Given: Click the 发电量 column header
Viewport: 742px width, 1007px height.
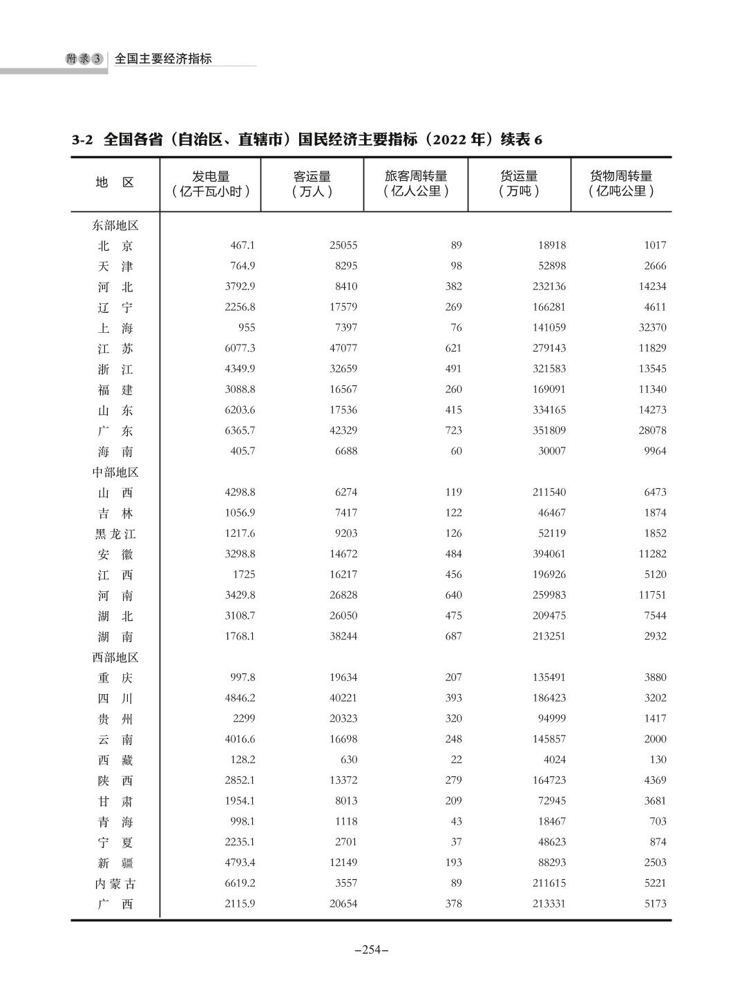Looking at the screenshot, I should (211, 184).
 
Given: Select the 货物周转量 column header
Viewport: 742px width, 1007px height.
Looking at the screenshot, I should (620, 184).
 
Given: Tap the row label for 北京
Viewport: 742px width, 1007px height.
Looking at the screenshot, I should (115, 246).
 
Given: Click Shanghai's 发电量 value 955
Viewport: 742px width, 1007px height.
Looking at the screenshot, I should (245, 327).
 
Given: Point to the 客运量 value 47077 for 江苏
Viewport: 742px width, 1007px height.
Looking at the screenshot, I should (343, 348).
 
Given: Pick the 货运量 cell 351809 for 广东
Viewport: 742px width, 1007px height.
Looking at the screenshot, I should (545, 430).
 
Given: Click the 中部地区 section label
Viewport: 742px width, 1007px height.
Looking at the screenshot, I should (115, 472).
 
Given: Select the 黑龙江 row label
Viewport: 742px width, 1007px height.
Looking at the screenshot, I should (115, 534).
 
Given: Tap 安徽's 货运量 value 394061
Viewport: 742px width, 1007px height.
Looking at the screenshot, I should (545, 554).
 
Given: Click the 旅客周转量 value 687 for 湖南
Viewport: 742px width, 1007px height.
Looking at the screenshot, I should (453, 636).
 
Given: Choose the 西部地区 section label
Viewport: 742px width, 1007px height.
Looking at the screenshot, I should (115, 658).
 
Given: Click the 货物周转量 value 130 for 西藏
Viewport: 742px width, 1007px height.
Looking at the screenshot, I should (658, 760).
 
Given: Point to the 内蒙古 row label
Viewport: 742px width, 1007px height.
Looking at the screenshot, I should (115, 883).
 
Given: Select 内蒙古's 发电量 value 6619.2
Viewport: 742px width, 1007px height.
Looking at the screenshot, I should (240, 883).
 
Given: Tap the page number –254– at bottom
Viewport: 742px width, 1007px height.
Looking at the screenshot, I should (371, 950).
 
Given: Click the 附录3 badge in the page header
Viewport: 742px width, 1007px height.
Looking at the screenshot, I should (84, 59).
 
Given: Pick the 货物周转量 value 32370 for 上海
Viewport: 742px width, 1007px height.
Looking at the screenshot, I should (652, 327).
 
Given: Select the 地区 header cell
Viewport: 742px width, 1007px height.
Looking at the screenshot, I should (115, 183).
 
